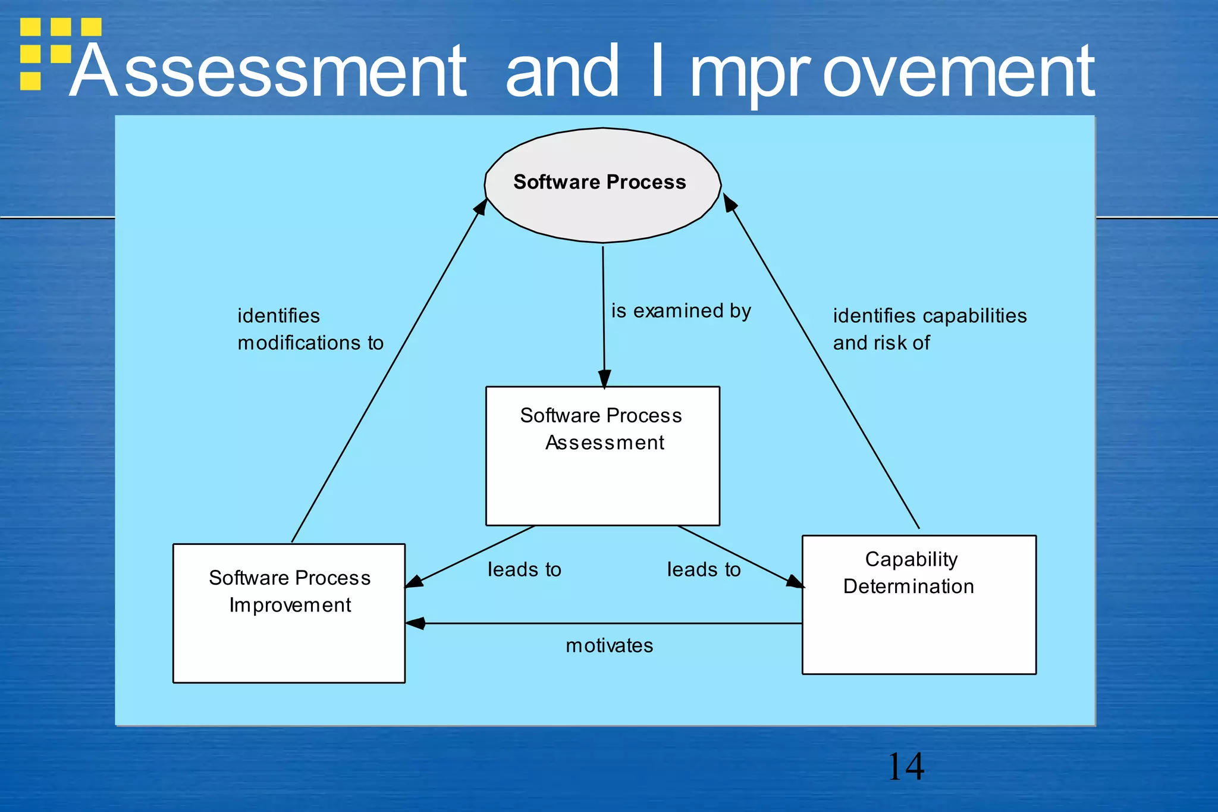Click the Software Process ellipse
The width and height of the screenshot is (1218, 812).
(x=602, y=185)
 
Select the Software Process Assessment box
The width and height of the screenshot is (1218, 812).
(x=602, y=456)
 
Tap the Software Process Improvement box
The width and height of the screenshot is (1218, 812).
(x=289, y=613)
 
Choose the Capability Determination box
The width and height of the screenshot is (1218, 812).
(x=919, y=605)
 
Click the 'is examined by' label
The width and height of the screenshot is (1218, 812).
(x=681, y=311)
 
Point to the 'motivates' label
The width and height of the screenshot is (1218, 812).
(x=609, y=645)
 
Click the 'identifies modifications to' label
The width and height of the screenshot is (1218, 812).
(x=310, y=329)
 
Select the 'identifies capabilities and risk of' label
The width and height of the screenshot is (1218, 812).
(x=929, y=329)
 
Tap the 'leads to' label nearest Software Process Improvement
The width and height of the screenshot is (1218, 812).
(x=524, y=570)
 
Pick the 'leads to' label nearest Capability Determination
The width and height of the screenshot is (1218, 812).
(x=704, y=570)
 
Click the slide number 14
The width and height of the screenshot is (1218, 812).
(x=905, y=767)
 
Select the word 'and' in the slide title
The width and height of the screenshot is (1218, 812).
(x=562, y=72)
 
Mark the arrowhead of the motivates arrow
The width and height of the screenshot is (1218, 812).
(x=415, y=623)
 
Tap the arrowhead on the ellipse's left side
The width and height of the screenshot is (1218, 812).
(x=481, y=206)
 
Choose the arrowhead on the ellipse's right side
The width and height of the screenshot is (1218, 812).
(x=729, y=203)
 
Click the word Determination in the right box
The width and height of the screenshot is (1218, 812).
(x=908, y=587)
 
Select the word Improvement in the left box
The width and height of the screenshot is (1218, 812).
(x=290, y=606)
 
